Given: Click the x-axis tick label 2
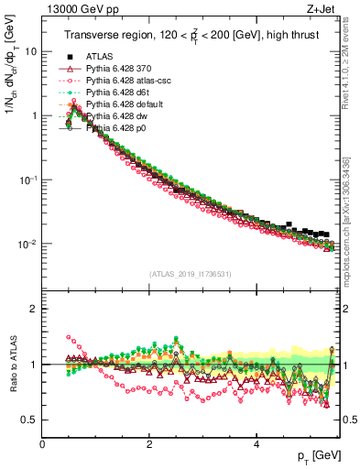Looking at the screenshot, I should [x=149, y=444].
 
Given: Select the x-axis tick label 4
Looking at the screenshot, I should [x=256, y=444].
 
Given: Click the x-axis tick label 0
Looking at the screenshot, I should [x=43, y=444].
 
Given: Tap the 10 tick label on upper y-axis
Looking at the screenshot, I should [x=29, y=52].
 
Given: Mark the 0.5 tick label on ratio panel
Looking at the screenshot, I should [x=28, y=420].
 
